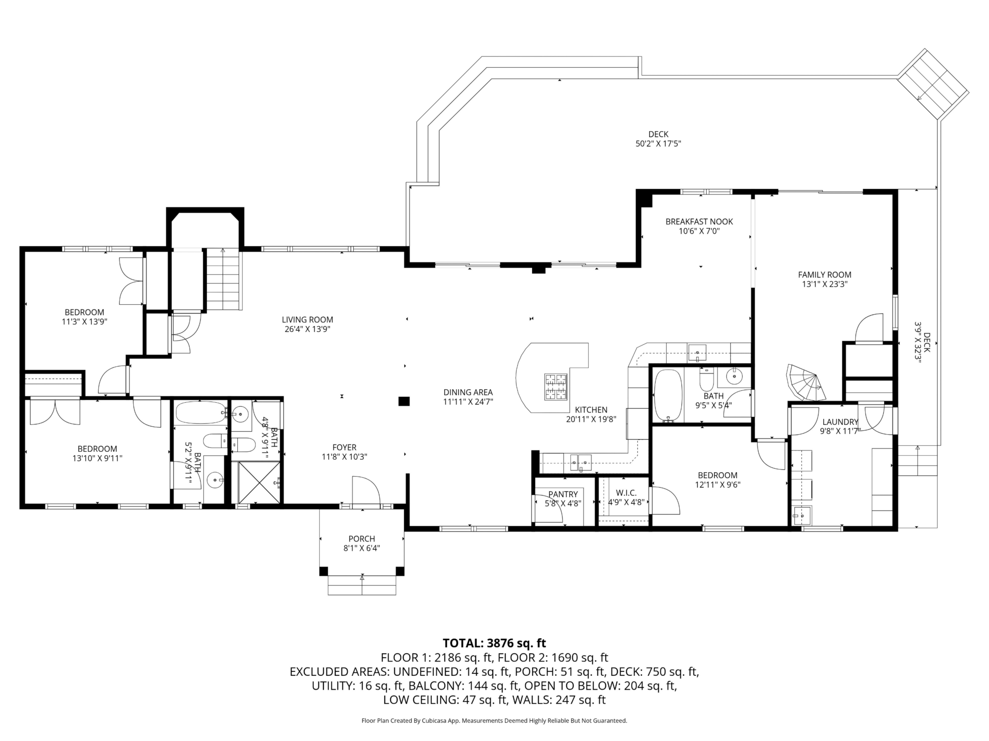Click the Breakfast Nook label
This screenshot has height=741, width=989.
tap(699, 222)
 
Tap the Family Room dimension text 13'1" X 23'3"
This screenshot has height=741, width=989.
tap(825, 284)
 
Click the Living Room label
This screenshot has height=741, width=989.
tap(308, 320)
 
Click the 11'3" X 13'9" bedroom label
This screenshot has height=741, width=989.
tap(84, 317)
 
